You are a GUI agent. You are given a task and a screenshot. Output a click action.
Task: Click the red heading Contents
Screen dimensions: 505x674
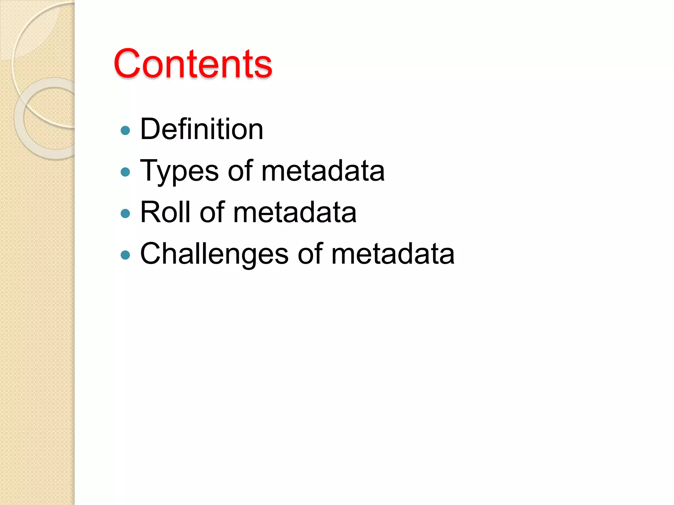coord(193,63)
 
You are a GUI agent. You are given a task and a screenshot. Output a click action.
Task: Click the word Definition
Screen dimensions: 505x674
coord(201,129)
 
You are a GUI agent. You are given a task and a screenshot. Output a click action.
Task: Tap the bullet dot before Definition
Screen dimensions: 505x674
coord(125,131)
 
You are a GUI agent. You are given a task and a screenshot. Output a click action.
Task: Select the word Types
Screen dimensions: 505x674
coord(179,171)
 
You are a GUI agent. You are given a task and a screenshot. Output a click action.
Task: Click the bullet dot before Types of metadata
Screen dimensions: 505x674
coord(125,172)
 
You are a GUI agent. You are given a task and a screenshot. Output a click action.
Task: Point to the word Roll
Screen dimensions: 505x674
coord(165,212)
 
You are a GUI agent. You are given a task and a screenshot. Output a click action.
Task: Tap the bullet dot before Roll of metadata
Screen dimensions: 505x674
coord(125,214)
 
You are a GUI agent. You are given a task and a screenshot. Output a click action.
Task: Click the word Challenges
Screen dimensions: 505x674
coord(214,254)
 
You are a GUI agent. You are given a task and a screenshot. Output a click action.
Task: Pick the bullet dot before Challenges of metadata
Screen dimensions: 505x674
coord(125,255)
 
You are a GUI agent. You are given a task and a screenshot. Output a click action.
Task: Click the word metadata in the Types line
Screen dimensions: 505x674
coord(323,171)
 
